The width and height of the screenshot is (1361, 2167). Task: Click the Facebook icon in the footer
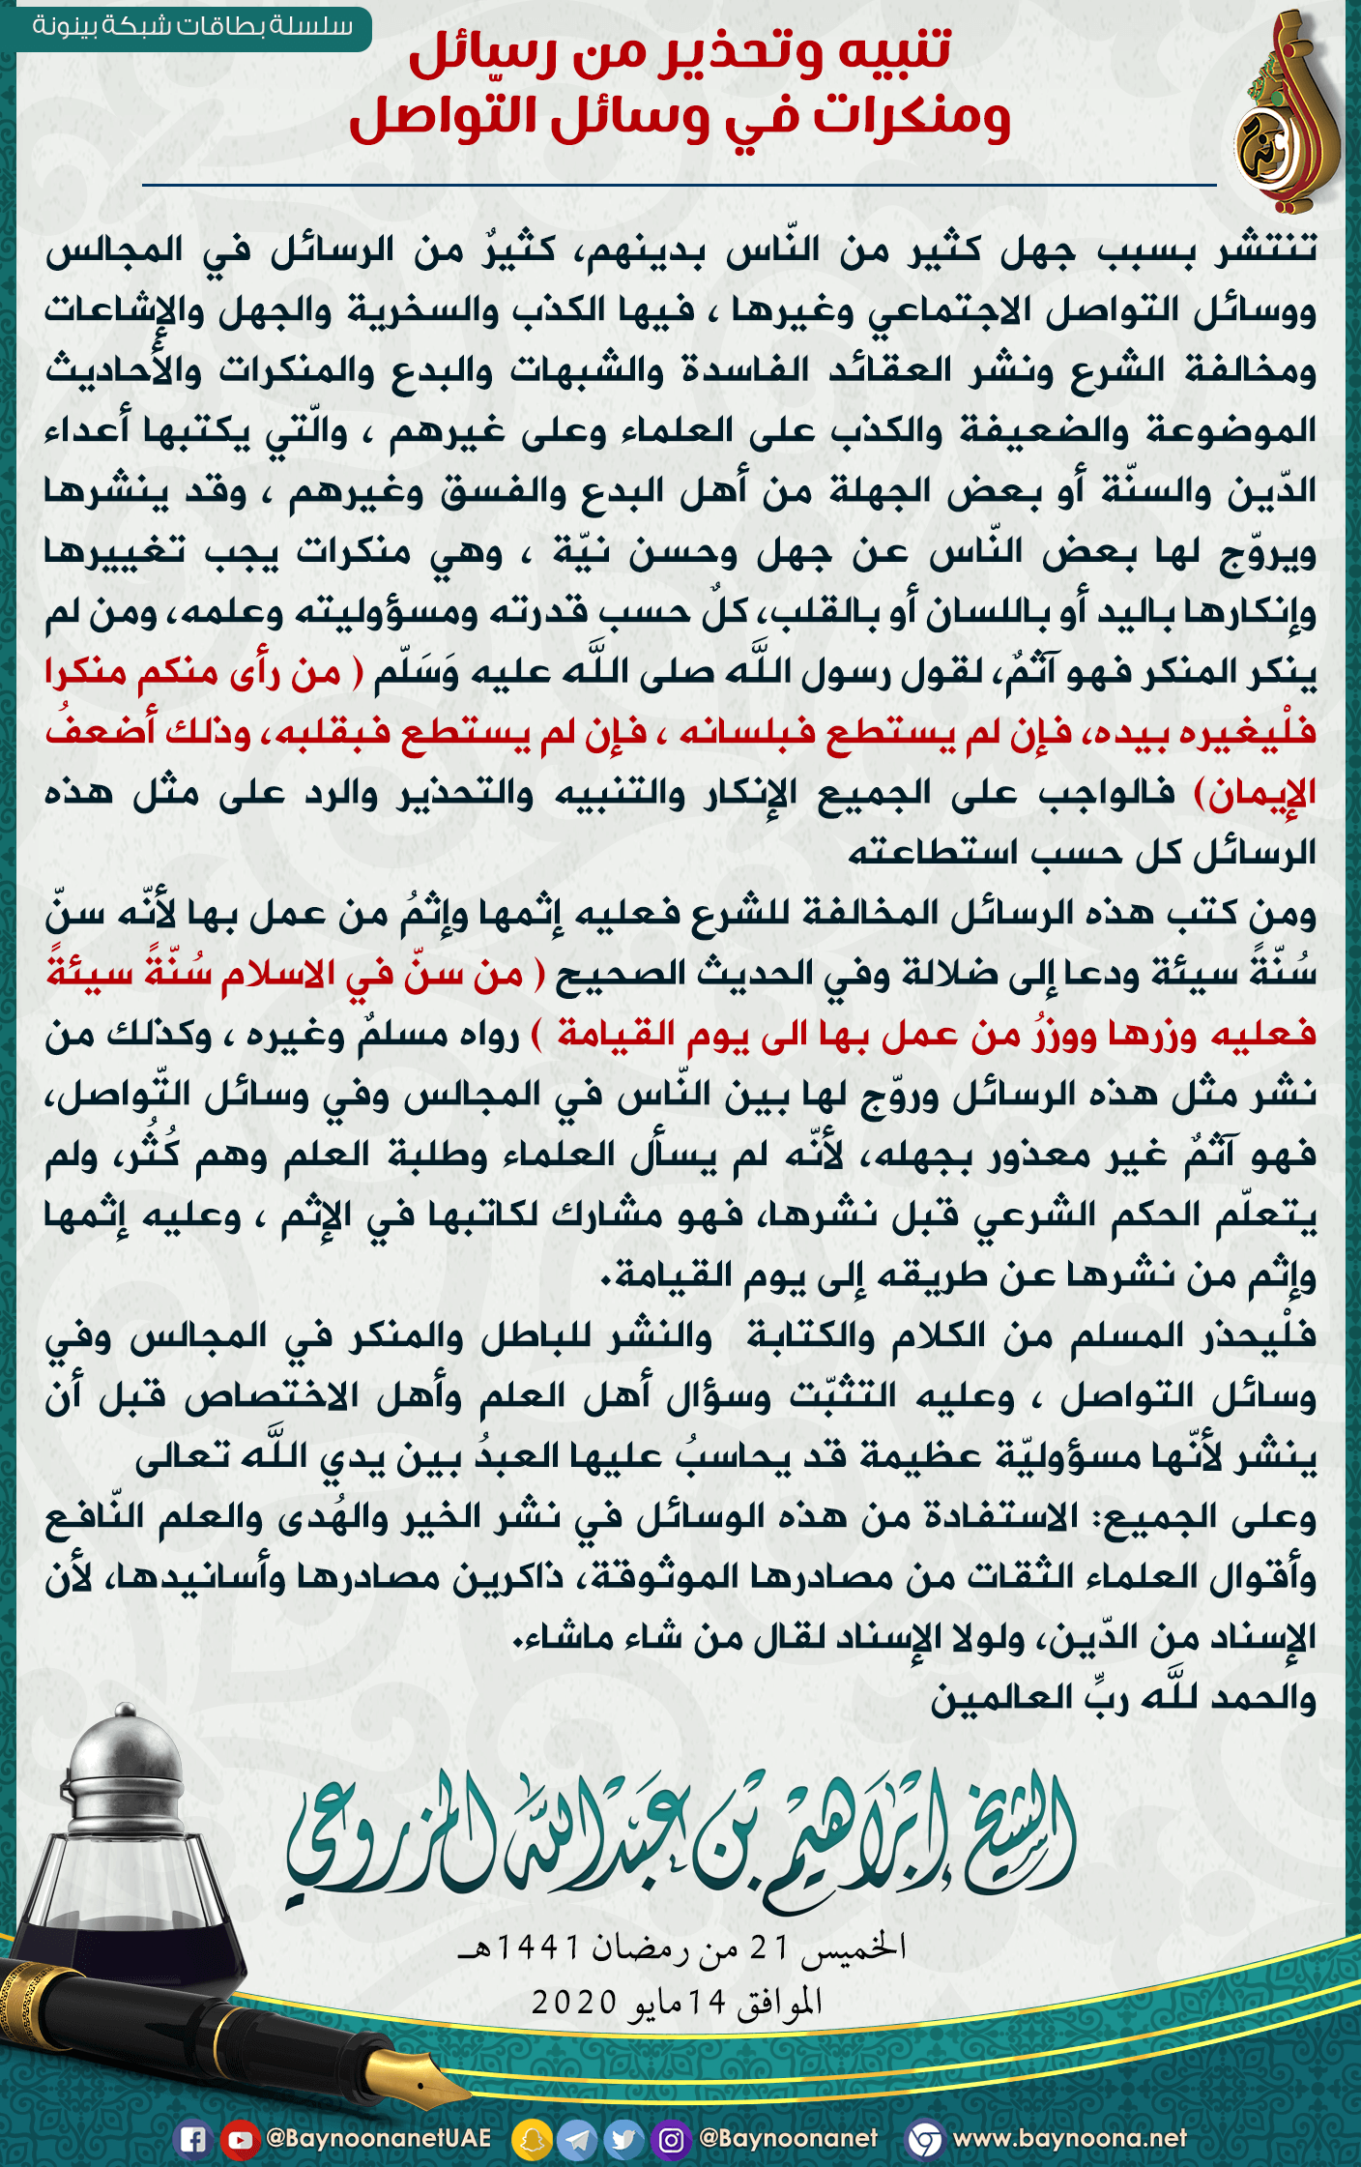point(192,2139)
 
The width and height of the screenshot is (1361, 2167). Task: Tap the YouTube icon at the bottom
point(238,2139)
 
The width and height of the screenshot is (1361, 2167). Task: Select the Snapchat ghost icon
point(531,2139)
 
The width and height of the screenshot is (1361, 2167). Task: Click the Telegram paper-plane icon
point(578,2139)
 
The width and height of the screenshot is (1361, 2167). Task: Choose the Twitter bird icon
point(623,2139)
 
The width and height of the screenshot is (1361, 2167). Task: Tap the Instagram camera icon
point(671,2139)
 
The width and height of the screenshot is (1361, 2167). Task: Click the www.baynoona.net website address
point(1069,2138)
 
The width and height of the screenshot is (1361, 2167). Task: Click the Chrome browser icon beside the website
point(925,2139)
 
